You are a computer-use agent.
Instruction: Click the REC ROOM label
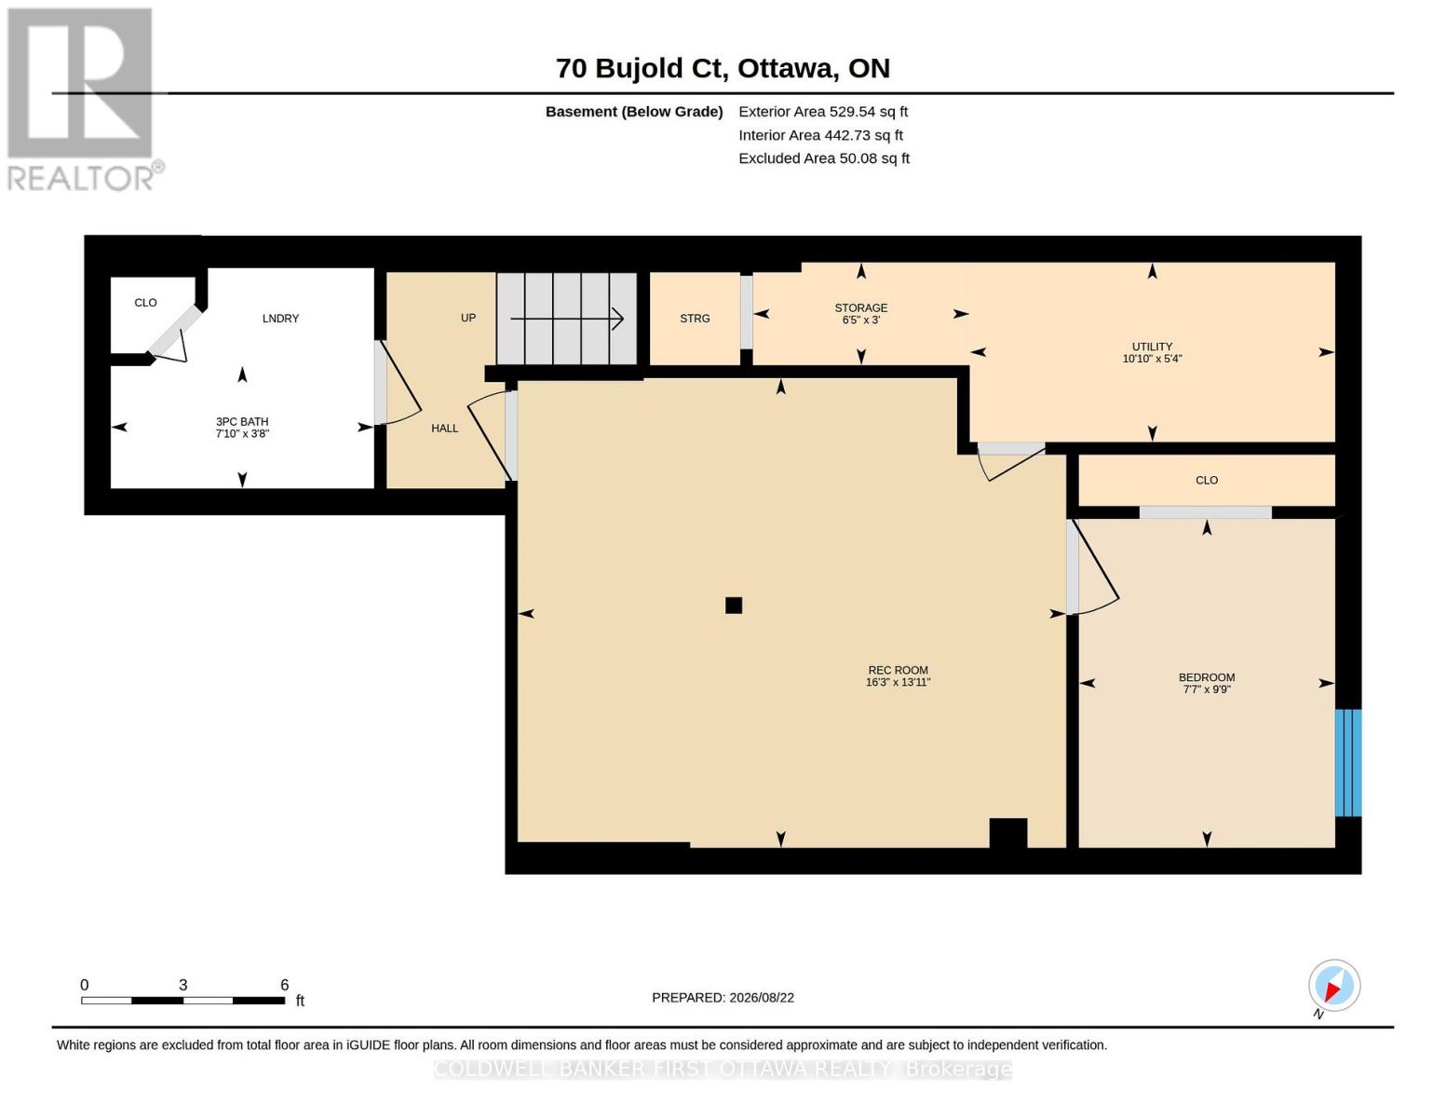pyautogui.click(x=898, y=670)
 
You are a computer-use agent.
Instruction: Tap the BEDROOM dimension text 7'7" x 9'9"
pyautogui.click(x=1207, y=689)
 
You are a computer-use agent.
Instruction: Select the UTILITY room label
pyautogui.click(x=1152, y=347)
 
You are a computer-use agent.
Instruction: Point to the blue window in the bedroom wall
pyautogui.click(x=1347, y=762)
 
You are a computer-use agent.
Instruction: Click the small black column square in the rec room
pyautogui.click(x=734, y=606)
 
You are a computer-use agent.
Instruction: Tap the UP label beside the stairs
pyautogui.click(x=467, y=318)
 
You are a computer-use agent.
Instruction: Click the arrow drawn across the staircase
pyautogui.click(x=566, y=319)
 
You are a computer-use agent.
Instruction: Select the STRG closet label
pyautogui.click(x=695, y=319)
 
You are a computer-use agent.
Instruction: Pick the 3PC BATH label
pyautogui.click(x=242, y=421)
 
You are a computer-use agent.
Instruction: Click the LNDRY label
pyautogui.click(x=280, y=319)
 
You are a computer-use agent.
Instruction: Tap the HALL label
pyautogui.click(x=444, y=429)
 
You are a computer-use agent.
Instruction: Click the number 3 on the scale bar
pyautogui.click(x=183, y=985)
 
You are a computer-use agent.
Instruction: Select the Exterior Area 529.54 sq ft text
pyautogui.click(x=823, y=112)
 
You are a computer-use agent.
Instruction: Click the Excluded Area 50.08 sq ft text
pyautogui.click(x=824, y=158)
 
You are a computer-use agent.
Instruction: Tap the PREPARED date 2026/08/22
pyautogui.click(x=762, y=998)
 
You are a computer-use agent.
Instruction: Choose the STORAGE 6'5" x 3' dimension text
pyautogui.click(x=861, y=320)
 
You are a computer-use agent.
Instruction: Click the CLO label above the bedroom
pyautogui.click(x=1207, y=480)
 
